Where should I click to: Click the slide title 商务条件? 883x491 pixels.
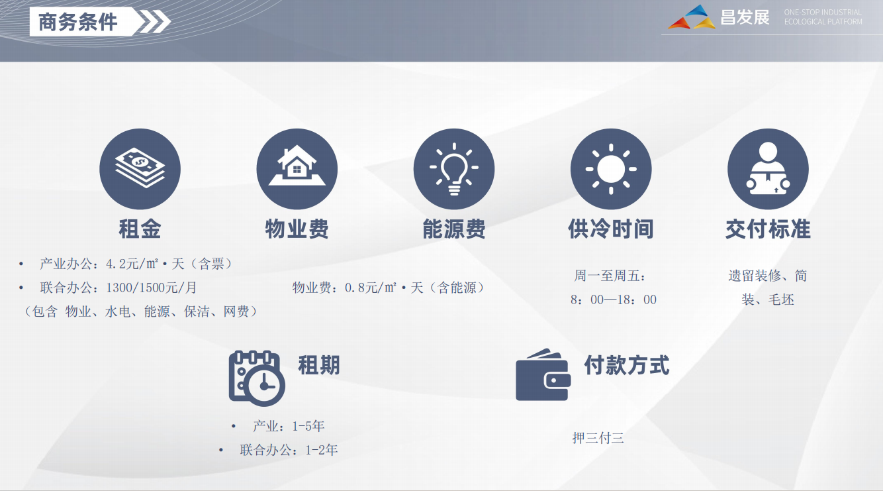pos(78,22)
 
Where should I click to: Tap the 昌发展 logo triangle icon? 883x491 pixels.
pos(692,18)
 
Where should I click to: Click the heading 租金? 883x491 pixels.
pos(140,229)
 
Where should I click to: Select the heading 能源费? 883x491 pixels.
pos(454,229)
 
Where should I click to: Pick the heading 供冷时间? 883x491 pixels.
pos(611,229)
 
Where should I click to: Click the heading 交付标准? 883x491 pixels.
pos(768,229)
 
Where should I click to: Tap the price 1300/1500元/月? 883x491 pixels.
pos(152,288)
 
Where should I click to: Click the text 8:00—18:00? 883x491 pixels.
pos(614,300)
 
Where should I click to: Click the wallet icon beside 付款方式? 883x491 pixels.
pos(543,376)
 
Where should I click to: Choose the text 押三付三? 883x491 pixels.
pos(598,438)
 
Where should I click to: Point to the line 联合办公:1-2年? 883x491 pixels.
pos(289,450)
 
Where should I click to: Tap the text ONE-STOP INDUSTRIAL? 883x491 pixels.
pos(823,13)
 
